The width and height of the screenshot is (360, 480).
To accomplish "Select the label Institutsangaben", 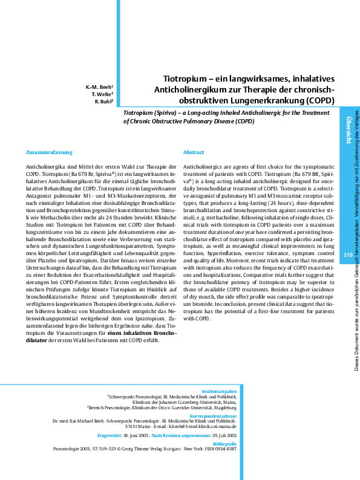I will coord(219,392).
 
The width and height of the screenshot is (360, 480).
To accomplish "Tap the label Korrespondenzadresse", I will coord(212,415).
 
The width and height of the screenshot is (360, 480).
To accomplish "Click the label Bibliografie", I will coord(224,444).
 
